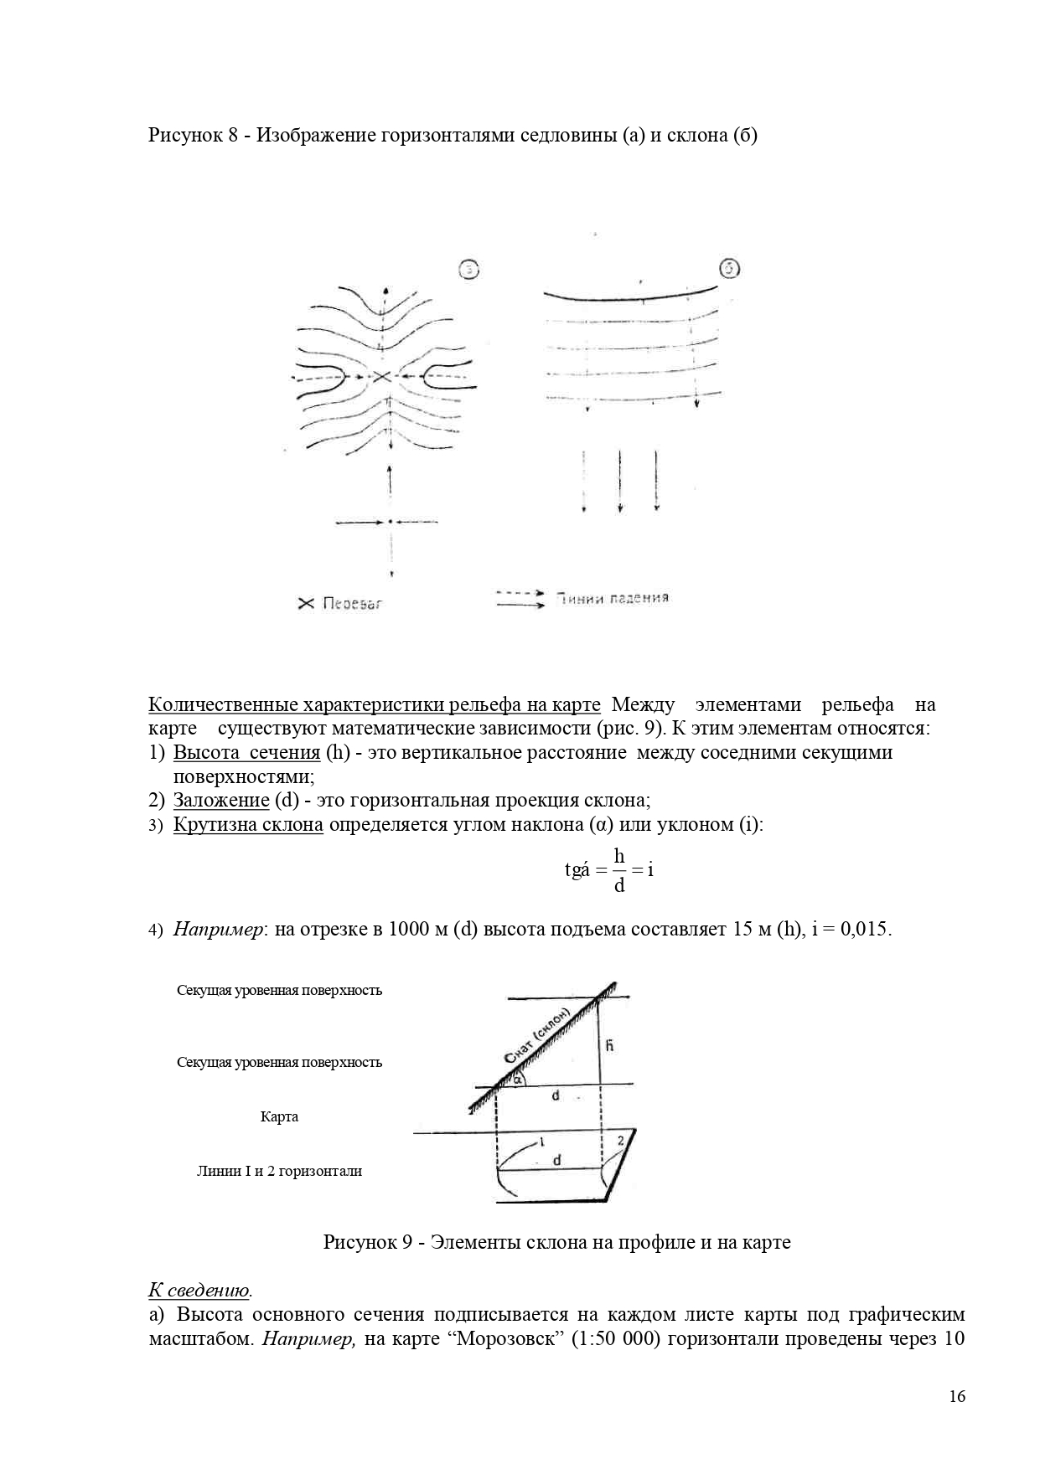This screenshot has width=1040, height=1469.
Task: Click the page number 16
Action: (x=957, y=1396)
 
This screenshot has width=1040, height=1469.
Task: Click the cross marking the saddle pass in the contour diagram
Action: (x=382, y=377)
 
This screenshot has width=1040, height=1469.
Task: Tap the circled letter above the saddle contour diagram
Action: (x=470, y=269)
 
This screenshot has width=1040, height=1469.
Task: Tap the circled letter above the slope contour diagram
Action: (x=730, y=269)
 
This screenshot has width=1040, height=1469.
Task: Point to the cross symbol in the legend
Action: (x=306, y=603)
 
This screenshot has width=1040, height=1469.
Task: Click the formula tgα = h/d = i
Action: (x=609, y=870)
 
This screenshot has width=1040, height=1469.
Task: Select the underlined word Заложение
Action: (x=221, y=800)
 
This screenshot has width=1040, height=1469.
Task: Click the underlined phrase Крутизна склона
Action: (x=248, y=824)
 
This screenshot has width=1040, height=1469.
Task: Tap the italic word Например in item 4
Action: (x=219, y=929)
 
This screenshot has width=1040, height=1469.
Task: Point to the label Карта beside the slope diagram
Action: (x=279, y=1116)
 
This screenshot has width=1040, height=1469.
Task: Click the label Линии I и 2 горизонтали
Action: (x=279, y=1171)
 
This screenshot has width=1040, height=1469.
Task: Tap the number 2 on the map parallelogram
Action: (x=621, y=1141)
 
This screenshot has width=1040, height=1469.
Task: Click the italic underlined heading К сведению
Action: (x=199, y=1290)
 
